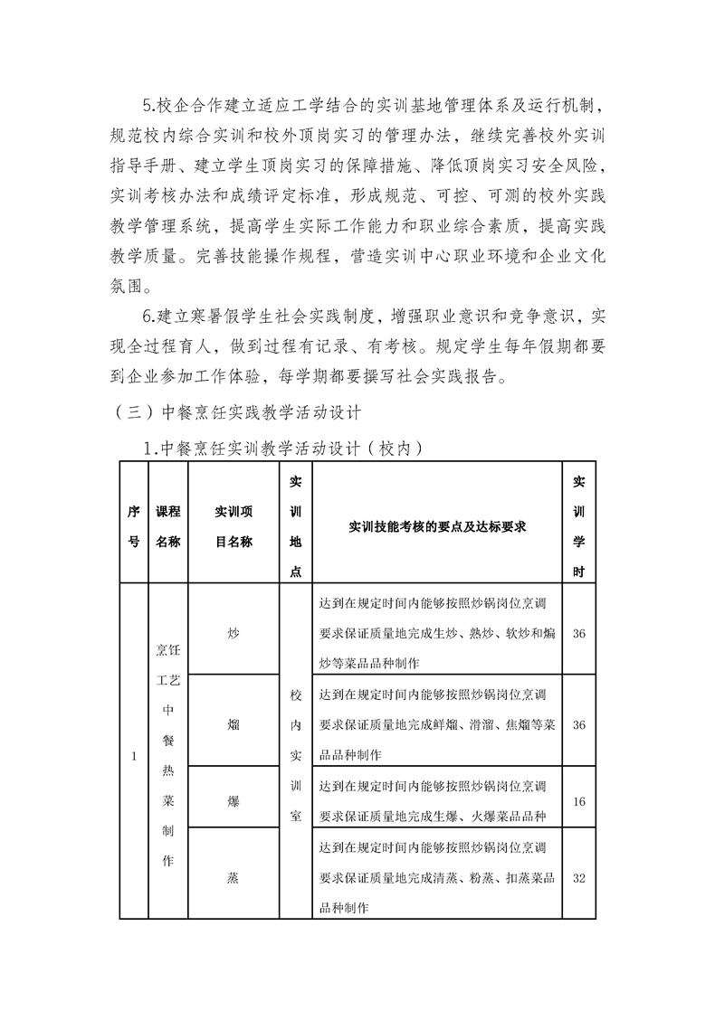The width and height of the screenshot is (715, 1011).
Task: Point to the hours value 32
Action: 579,877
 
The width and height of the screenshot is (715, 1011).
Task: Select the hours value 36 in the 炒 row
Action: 579,633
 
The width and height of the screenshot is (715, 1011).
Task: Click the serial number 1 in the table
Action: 134,756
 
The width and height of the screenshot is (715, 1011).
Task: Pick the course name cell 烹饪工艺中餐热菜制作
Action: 168,756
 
